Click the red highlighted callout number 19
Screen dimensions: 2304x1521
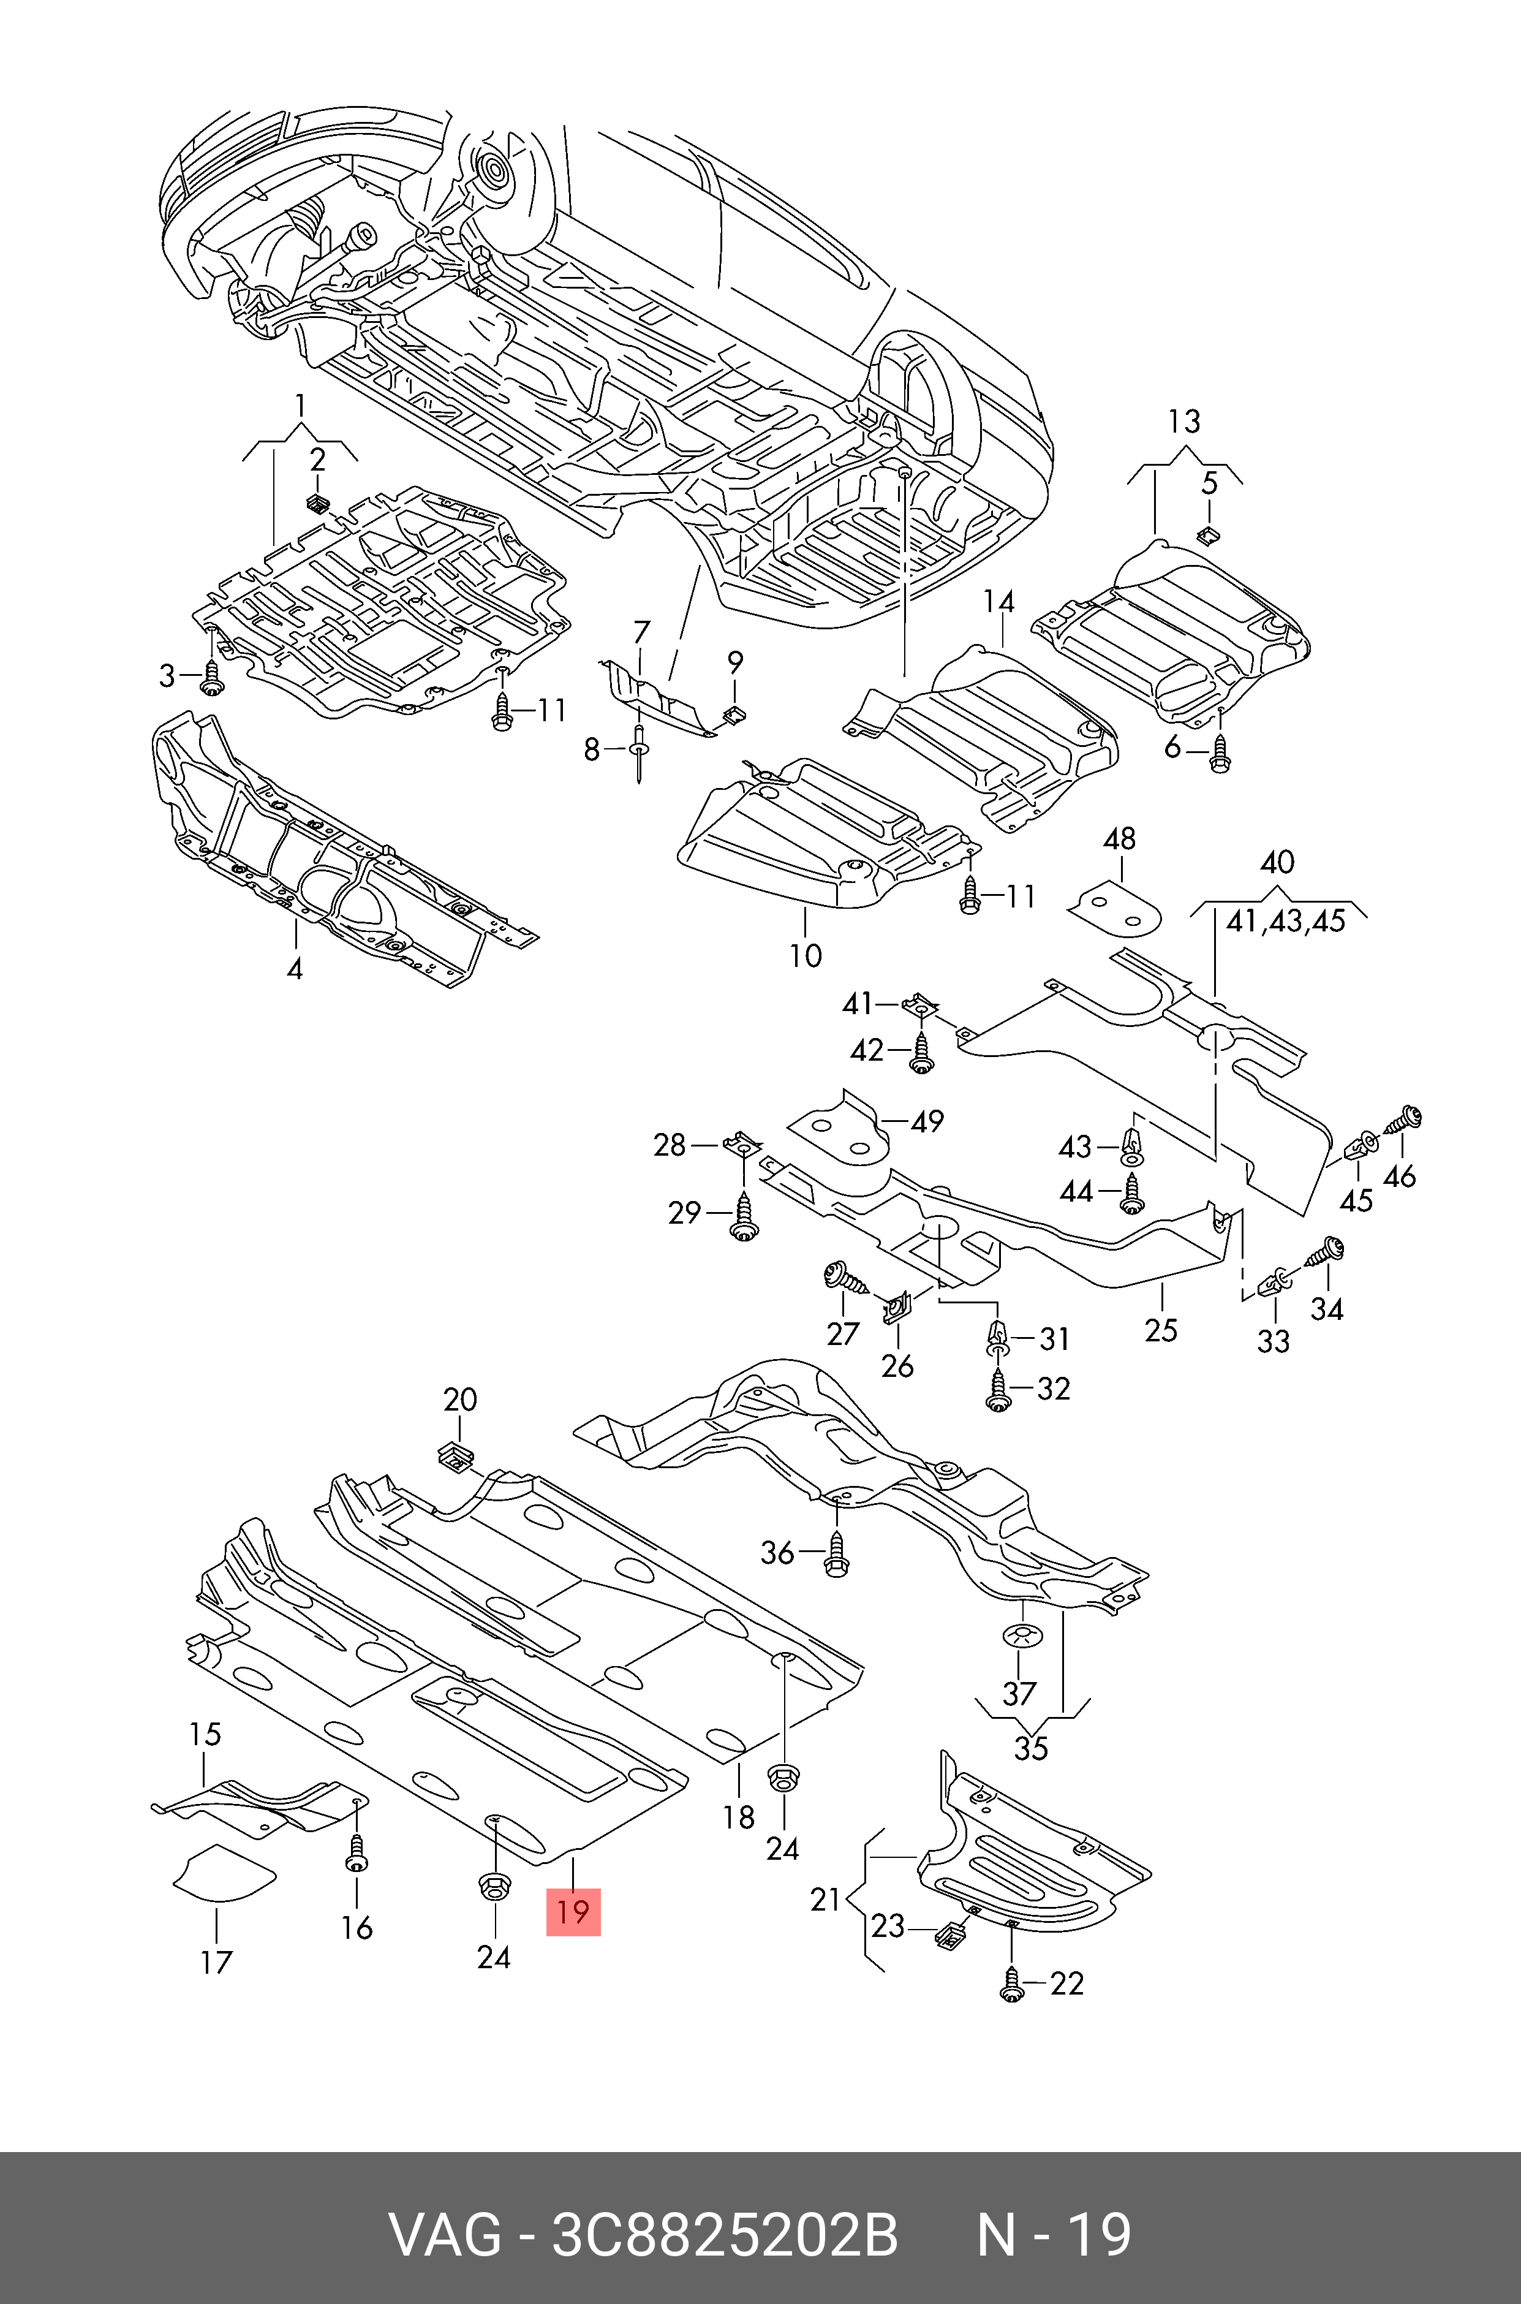573,1911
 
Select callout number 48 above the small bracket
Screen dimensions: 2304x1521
1119,839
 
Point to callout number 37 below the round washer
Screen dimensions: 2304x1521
1019,1694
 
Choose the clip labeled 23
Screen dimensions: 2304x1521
947,1935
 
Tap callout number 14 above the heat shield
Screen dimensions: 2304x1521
998,602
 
